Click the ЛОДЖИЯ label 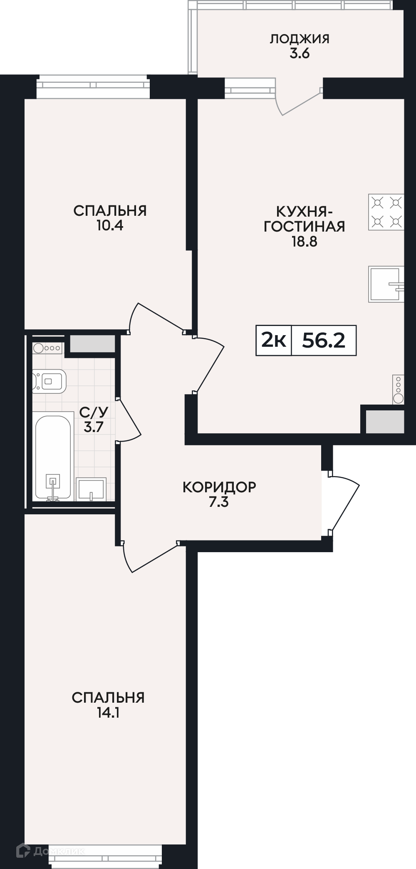point(300,39)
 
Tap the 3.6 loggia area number point(300,54)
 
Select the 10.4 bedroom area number point(110,226)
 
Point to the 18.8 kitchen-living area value point(305,242)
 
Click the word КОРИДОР point(219,487)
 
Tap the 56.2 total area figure point(324,341)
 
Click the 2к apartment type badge point(273,341)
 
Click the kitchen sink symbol point(386,284)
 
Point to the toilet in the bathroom point(49,381)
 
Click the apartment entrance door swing point(344,503)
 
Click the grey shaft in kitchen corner point(385,421)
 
